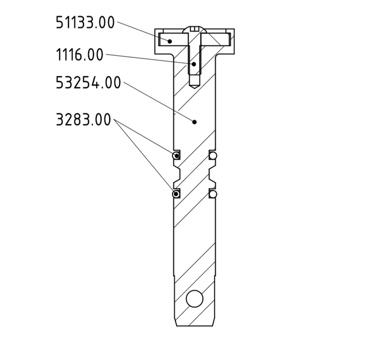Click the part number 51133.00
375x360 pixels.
coord(85,23)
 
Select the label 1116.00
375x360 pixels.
coord(79,54)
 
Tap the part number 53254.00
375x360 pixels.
coord(88,83)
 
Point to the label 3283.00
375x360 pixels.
coord(83,119)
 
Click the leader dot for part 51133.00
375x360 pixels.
coord(169,41)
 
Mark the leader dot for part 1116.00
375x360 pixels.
coord(194,64)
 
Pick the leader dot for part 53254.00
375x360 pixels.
coord(194,122)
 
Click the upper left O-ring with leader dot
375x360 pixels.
coord(176,155)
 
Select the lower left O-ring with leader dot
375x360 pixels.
coord(176,194)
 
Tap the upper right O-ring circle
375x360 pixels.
coord(213,155)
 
